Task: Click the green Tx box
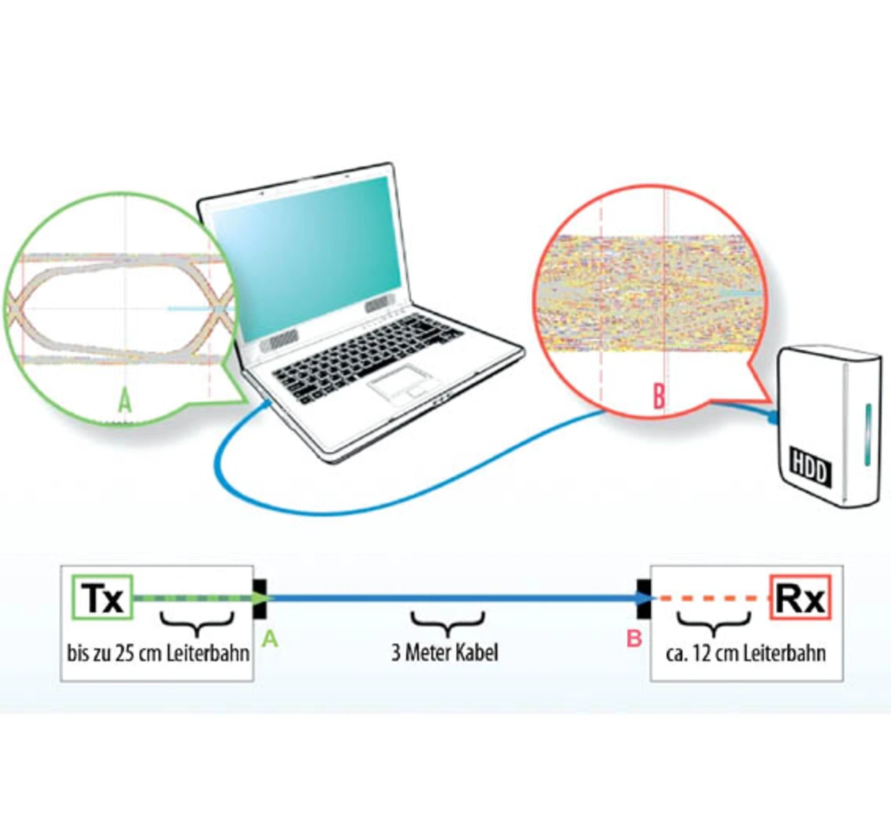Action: pos(102,598)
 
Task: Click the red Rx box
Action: pos(800,598)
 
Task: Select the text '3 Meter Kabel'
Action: pos(445,653)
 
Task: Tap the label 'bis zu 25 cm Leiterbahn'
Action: pos(158,653)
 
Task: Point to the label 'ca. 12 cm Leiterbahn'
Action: pos(746,653)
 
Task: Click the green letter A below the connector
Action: pos(269,638)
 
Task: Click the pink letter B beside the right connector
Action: pos(634,638)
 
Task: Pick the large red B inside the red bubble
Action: pos(659,396)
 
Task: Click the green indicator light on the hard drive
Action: pos(868,435)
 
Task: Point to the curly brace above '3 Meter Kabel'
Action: pos(447,622)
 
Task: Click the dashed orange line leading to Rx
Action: pos(713,598)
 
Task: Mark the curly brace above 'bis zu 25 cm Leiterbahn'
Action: pos(197,622)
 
